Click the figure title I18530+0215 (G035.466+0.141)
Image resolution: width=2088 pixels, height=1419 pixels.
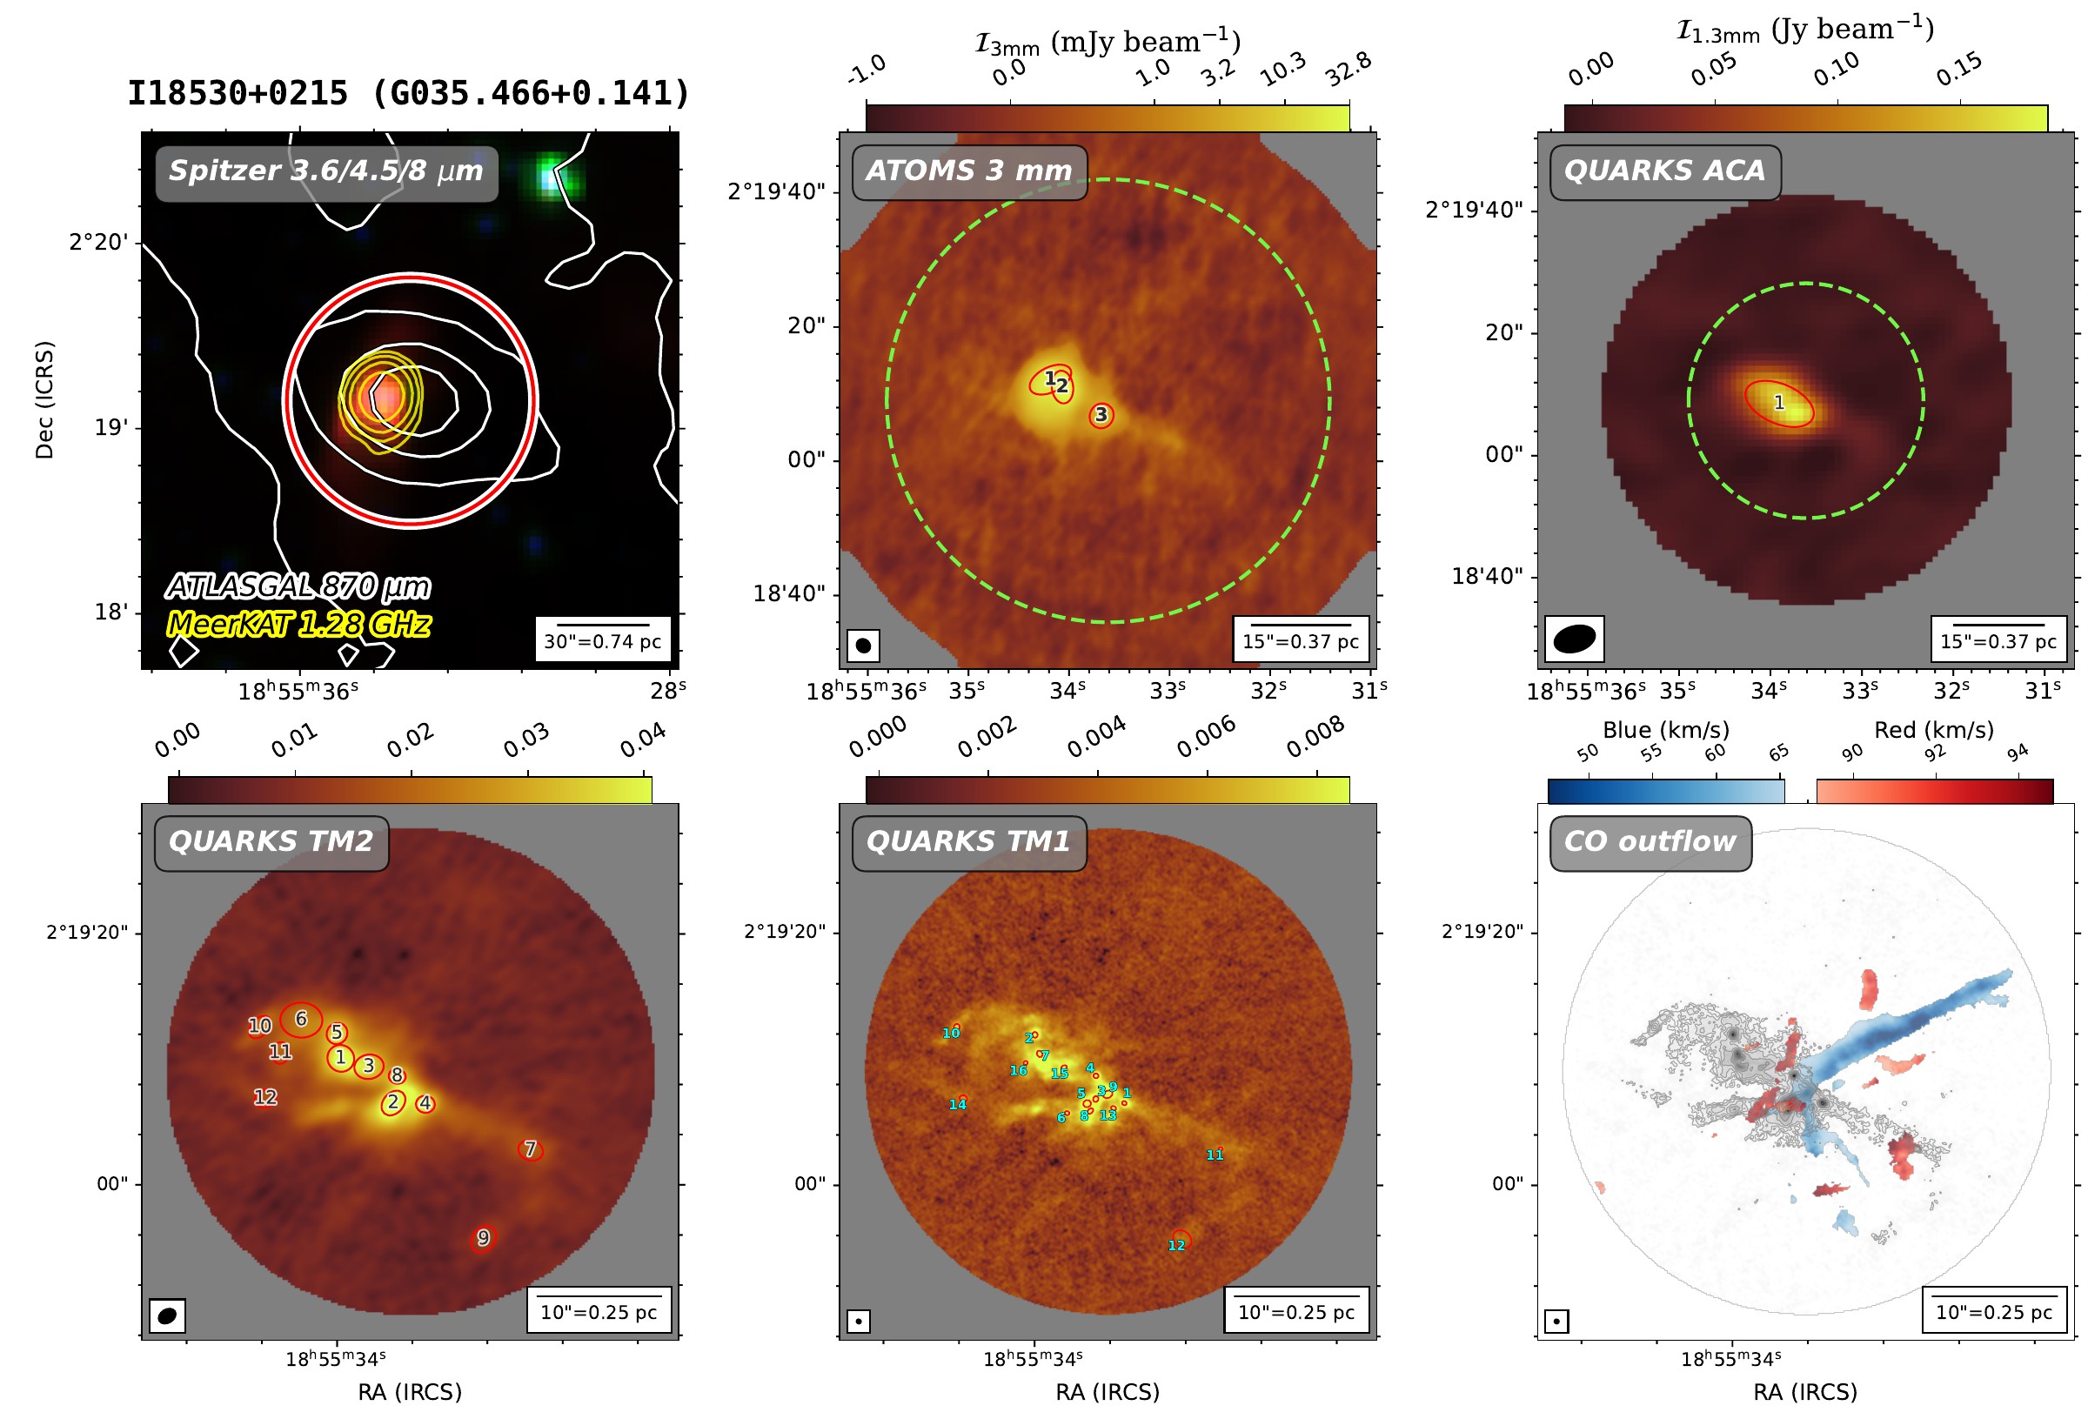point(409,93)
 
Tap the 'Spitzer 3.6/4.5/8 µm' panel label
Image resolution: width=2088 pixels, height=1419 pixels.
point(326,171)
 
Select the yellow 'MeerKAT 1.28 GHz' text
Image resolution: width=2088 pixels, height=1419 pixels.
point(299,625)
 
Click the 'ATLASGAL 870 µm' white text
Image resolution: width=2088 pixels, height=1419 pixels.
point(298,587)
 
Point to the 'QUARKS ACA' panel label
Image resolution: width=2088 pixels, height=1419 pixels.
point(1664,171)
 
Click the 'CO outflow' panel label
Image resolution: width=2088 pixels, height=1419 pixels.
point(1650,841)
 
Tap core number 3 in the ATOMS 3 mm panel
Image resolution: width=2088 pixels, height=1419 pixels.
point(1101,415)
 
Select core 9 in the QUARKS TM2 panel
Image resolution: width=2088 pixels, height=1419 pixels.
point(484,1238)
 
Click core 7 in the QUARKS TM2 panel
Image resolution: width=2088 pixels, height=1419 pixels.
point(531,1149)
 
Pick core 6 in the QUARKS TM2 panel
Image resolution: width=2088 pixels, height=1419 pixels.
point(301,1019)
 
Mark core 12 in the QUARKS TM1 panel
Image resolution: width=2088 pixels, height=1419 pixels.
point(1180,1239)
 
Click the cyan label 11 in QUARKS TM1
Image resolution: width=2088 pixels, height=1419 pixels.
point(1215,1155)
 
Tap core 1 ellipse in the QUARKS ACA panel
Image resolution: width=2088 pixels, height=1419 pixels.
point(1779,404)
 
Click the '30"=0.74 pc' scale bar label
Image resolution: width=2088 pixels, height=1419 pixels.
point(602,642)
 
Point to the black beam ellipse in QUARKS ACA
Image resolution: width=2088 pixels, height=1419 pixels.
point(1574,638)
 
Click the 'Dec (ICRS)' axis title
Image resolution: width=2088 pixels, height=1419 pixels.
point(44,400)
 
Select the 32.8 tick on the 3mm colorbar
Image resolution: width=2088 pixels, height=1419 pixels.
point(1348,70)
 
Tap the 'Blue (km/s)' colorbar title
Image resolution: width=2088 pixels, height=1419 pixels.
point(1666,730)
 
